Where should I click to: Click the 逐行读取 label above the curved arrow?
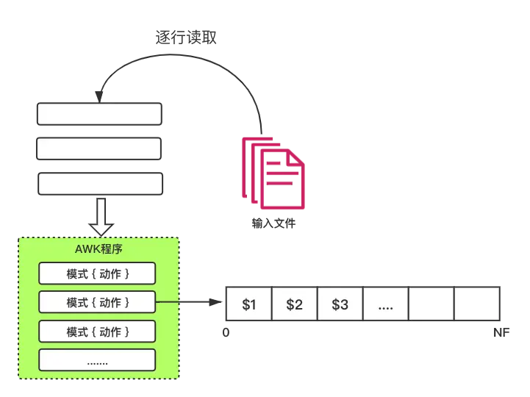185,37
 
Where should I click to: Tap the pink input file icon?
273,174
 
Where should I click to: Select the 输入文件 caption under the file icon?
273,223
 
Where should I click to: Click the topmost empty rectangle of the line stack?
99,114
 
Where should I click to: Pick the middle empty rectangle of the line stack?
99,149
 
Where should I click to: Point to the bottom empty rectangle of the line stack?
101,184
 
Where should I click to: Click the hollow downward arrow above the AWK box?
101,217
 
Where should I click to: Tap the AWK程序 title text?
99,249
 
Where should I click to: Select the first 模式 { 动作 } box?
97,273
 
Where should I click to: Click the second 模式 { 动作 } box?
97,302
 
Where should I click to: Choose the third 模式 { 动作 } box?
97,332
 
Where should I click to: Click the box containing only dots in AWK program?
97,360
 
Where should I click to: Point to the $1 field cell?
248,304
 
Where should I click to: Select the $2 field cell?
295,304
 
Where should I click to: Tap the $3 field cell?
340,304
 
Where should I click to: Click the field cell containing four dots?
386,304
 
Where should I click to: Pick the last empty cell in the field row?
477,304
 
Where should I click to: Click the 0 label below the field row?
226,333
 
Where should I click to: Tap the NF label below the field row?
501,333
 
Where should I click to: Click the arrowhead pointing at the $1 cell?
215,302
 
